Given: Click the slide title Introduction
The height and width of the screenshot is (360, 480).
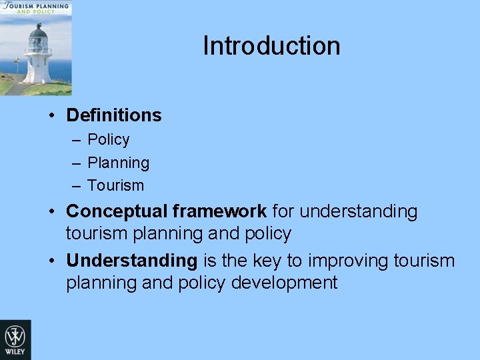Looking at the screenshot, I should pos(271,46).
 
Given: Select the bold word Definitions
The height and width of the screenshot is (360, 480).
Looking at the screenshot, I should pos(114,115).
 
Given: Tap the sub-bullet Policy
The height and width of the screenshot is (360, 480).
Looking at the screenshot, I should pos(109,140).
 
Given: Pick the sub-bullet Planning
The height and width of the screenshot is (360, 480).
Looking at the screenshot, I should pos(119,163).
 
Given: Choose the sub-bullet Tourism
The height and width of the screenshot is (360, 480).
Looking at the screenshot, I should pos(115,185).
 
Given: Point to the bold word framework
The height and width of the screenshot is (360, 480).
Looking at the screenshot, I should pos(219,211).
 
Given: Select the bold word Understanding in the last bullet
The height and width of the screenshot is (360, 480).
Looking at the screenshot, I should pos(131,260).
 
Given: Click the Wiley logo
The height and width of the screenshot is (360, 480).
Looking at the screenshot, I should pos(15,339).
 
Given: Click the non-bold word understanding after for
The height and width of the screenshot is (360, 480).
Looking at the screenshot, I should pos(359,211).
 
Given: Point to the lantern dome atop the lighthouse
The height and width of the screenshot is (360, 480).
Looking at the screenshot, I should pos(39,31).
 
